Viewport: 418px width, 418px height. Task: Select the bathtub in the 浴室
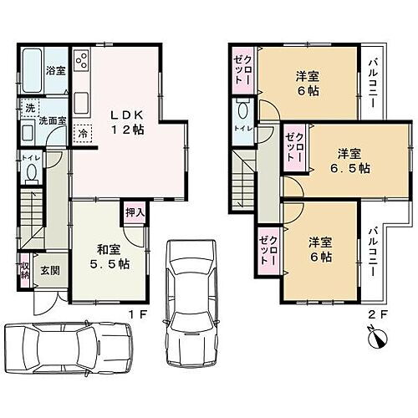coord(33,62)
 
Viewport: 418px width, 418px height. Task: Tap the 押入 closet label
coord(135,212)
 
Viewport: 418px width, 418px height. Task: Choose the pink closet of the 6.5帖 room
coord(293,148)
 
